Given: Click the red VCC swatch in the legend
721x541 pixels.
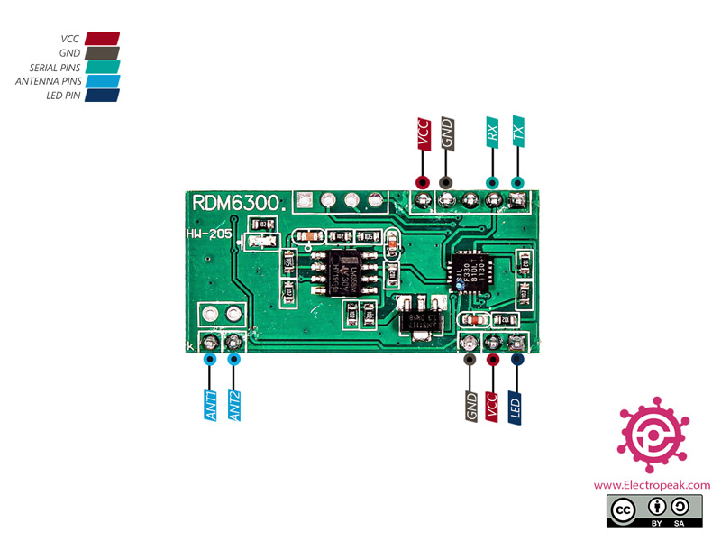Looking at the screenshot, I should (102, 40).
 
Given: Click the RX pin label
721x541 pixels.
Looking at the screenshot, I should (492, 133).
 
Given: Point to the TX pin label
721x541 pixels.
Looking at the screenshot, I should (518, 133).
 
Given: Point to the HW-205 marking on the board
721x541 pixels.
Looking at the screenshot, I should (209, 234).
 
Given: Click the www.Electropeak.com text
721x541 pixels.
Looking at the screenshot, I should (652, 484).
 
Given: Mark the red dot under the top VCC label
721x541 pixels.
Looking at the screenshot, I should (421, 181).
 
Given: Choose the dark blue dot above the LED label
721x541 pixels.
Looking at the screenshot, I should (517, 359).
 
